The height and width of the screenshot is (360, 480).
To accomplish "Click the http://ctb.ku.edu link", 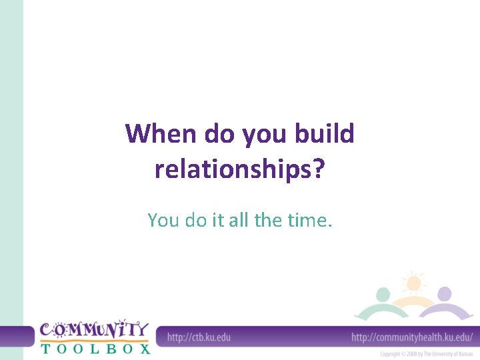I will click(199, 337).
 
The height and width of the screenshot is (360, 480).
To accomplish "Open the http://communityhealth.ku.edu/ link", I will click(412, 337).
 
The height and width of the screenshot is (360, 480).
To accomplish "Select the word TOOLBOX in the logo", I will click(95, 347).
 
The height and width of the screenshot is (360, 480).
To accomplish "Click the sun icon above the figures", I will click(413, 283).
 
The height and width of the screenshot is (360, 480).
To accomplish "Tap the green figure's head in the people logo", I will click(383, 295).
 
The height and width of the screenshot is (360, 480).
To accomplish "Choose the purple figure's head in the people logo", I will click(445, 294).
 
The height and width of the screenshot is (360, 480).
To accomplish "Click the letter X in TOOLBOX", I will click(143, 347).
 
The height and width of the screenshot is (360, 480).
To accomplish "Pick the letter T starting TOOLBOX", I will click(45, 347).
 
